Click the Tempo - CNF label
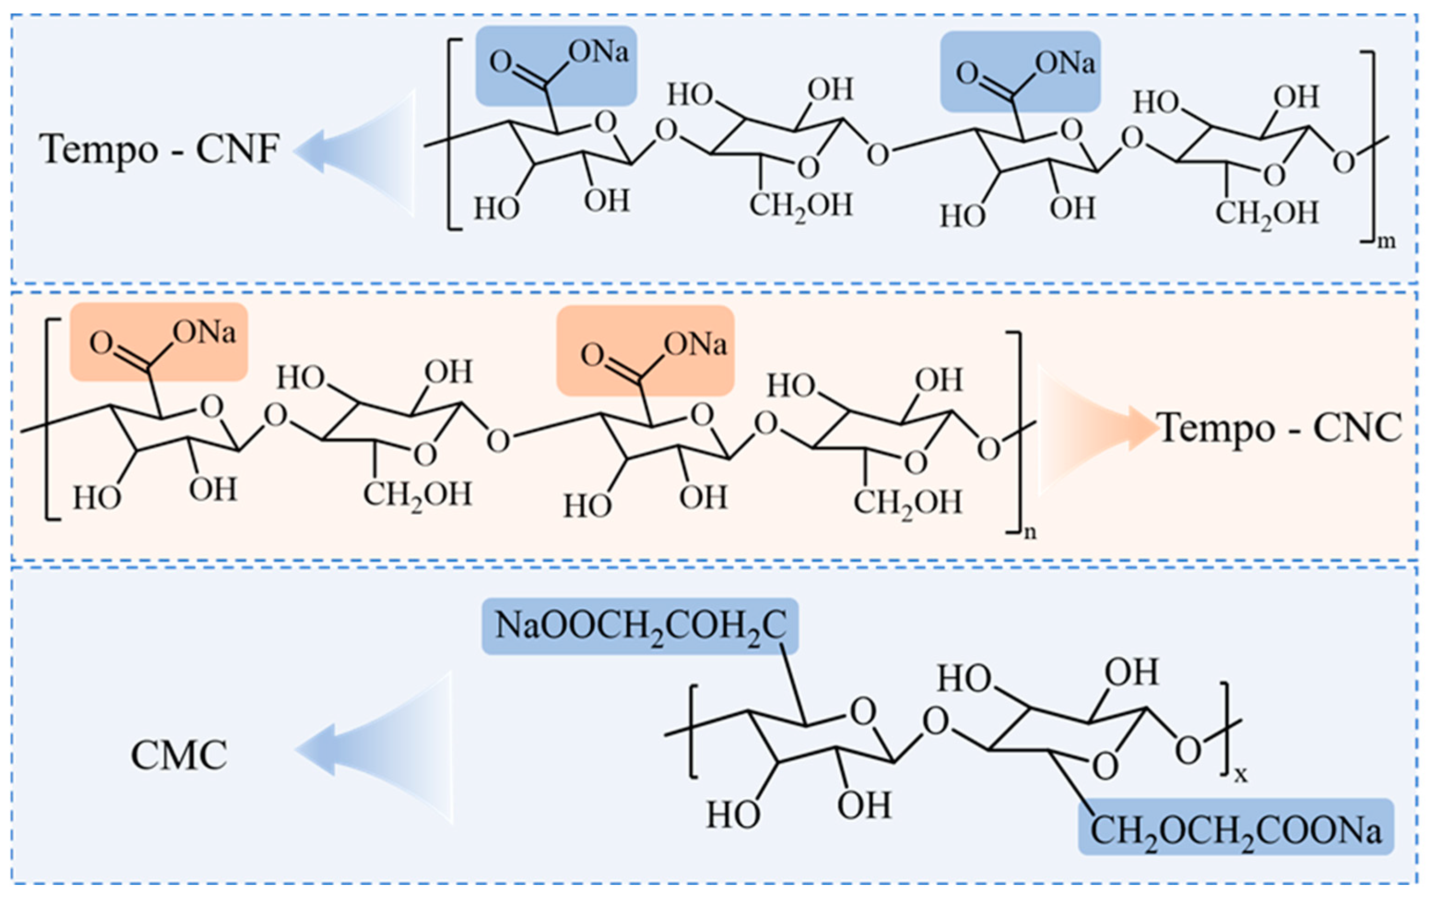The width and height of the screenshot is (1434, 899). tap(159, 149)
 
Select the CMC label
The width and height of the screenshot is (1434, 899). tap(179, 756)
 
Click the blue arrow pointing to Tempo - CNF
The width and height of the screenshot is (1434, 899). tap(357, 152)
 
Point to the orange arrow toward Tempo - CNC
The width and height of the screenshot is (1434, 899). tap(1094, 429)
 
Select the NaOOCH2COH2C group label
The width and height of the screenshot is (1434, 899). tap(640, 627)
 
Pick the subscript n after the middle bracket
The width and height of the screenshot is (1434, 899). tap(1030, 532)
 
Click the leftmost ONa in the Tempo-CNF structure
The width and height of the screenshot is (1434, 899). tap(598, 52)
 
